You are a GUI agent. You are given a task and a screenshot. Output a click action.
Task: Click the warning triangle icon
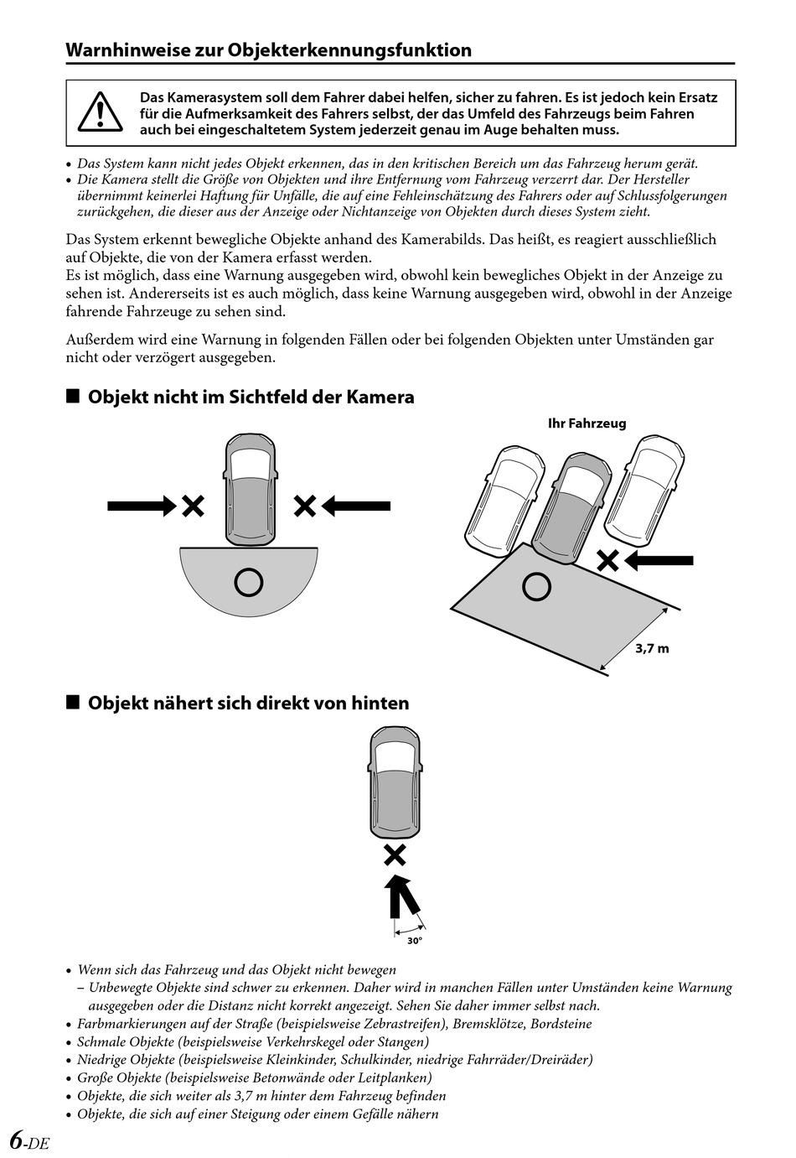tap(101, 113)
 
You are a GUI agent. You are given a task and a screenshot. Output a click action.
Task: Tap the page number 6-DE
tap(29, 1141)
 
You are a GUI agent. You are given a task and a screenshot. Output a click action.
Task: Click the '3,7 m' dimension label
tap(652, 648)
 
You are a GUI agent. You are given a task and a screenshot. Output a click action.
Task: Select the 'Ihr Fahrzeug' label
tap(587, 423)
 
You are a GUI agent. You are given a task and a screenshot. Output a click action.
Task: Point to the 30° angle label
tap(415, 941)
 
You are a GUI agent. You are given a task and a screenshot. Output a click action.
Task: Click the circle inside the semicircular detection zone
tap(249, 581)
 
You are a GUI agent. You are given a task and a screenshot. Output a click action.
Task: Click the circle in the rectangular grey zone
tap(536, 586)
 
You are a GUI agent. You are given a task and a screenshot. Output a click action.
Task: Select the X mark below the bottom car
tap(395, 855)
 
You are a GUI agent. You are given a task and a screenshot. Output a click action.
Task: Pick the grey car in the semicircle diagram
tap(250, 490)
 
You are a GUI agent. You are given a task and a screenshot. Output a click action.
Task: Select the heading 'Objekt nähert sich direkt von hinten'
tap(248, 703)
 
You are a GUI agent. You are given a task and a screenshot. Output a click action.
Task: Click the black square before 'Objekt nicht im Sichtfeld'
tap(73, 396)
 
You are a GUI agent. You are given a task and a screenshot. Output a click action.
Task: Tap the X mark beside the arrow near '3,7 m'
tap(607, 561)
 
